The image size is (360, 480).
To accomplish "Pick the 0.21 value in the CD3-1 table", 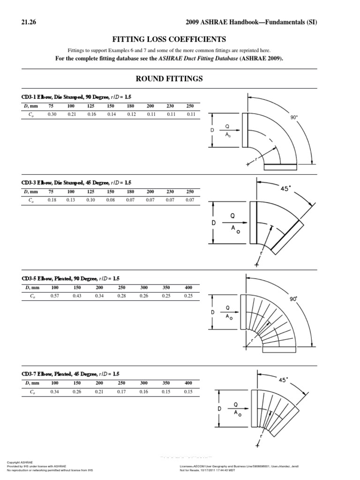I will coord(71,114).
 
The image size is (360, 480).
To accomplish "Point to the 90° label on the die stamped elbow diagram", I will coord(294,118).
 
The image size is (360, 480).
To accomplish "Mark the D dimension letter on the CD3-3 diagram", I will coord(214,223).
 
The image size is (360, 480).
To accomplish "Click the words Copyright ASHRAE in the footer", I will coord(20,462).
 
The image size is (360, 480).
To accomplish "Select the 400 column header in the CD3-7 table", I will coord(189,383).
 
